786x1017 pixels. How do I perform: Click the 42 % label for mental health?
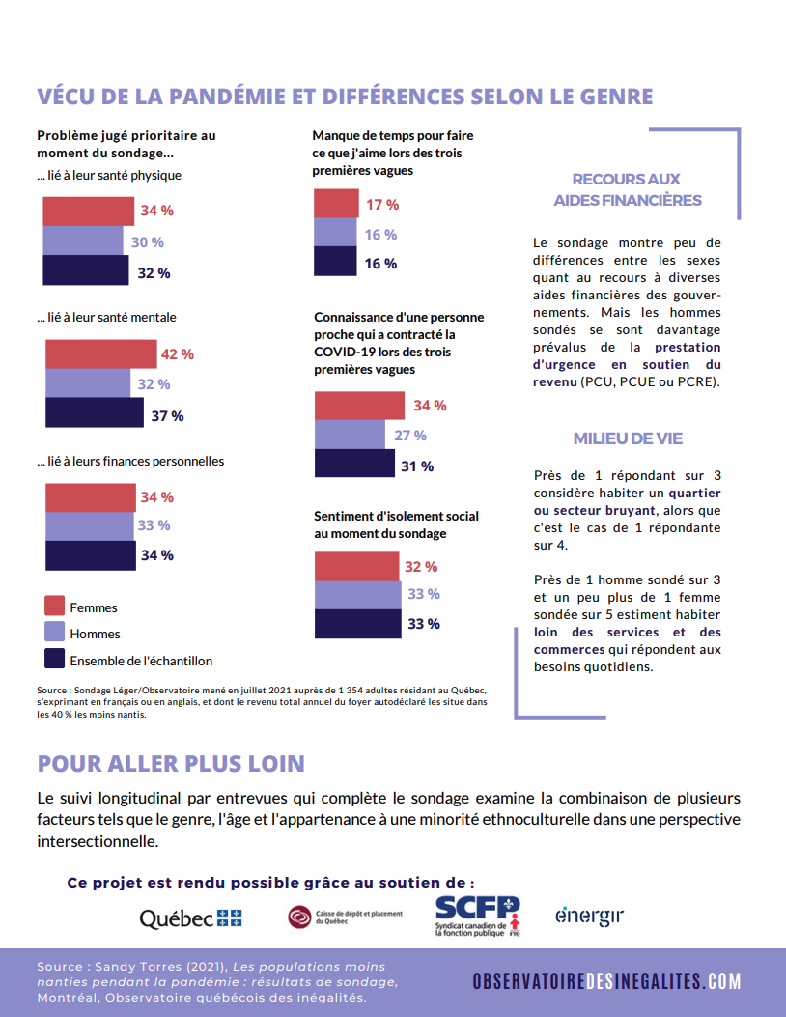point(177,354)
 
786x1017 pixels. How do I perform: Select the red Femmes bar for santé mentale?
point(101,354)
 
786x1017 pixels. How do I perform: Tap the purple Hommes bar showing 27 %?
point(351,435)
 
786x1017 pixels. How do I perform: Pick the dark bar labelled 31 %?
point(354,463)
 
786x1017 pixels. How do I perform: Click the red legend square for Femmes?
point(54,606)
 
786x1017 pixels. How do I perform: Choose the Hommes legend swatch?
point(54,632)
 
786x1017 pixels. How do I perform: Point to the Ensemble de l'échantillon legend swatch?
point(54,659)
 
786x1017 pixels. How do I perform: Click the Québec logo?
point(190,918)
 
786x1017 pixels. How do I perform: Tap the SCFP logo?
point(477,916)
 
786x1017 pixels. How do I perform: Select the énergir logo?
point(589,916)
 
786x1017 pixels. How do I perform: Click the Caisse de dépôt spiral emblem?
point(299,918)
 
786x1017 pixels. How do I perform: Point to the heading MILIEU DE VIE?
point(628,438)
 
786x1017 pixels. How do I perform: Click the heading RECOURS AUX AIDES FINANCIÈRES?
point(627,189)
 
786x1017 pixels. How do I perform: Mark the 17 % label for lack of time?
point(382,205)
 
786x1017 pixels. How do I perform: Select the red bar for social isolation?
point(357,566)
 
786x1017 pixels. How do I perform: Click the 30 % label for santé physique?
point(147,241)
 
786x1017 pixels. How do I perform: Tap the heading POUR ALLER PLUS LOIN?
point(171,764)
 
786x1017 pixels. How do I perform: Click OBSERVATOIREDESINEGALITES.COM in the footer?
point(606,981)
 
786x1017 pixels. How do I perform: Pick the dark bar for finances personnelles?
point(91,556)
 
